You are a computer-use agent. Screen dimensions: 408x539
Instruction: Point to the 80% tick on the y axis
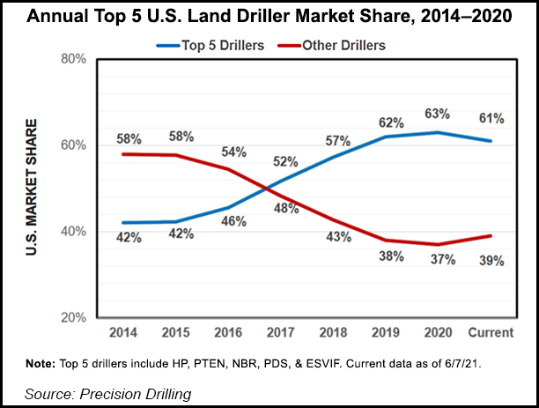tap(73, 59)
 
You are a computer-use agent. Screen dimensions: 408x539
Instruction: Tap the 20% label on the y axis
tap(73, 317)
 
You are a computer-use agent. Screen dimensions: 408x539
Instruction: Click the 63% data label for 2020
tap(437, 114)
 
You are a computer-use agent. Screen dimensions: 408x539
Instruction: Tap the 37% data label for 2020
tap(439, 260)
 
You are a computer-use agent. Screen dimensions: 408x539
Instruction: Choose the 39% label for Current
tap(491, 261)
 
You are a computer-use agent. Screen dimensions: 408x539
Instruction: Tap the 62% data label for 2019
tap(388, 120)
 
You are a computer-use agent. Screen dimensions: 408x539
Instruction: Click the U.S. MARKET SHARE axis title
tap(33, 187)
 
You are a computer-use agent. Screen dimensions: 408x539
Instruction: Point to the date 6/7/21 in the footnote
tap(461, 362)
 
